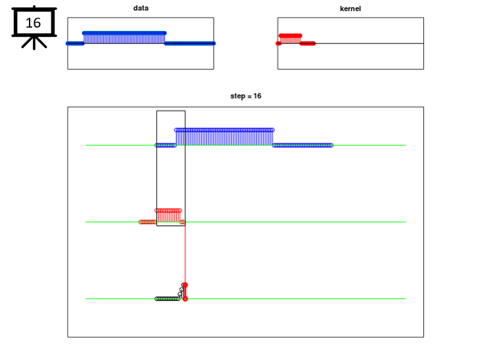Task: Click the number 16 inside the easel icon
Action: pos(33,23)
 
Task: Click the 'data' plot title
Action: pos(141,9)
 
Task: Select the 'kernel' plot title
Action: pos(350,9)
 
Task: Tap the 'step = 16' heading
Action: pos(246,96)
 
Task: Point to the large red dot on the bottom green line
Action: pos(185,299)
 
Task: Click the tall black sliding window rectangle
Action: pos(156,169)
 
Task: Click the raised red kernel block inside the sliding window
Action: pos(168,216)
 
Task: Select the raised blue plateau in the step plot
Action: pos(224,137)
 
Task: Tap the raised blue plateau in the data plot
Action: pos(124,38)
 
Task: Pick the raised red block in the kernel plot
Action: pos(290,39)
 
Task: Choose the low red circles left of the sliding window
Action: pos(148,222)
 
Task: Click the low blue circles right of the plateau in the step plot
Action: pos(303,145)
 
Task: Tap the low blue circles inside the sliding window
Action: pos(166,145)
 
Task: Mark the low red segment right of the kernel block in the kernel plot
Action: pos(308,43)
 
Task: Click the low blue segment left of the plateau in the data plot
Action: pos(75,43)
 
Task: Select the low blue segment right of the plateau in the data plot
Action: pos(190,43)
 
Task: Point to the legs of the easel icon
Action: pos(34,43)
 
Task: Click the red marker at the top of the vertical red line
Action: pos(185,285)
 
